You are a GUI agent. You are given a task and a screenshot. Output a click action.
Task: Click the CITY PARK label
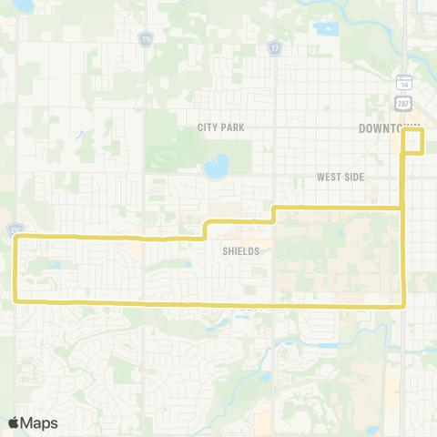tap(221, 127)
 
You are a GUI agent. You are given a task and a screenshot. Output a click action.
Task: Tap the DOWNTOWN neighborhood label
tap(389, 127)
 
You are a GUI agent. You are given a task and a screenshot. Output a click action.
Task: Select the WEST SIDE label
tap(339, 177)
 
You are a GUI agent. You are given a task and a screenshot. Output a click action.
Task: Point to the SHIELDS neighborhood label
tap(240, 250)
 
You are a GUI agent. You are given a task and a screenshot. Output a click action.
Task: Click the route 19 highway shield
tap(146, 39)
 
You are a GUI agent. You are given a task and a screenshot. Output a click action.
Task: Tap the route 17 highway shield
tap(274, 46)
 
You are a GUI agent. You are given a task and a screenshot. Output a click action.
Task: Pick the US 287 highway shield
tap(404, 103)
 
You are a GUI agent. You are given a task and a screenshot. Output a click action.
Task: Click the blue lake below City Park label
tap(217, 167)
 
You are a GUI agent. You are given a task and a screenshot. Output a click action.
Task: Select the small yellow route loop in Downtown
tap(414, 141)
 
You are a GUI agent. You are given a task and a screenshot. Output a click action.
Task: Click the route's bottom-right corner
tap(402, 306)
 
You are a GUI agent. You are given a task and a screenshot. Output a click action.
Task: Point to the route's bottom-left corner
tap(16, 300)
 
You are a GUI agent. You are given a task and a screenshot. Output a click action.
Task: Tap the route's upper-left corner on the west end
tap(17, 238)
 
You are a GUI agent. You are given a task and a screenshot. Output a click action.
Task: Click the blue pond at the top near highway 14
tap(324, 27)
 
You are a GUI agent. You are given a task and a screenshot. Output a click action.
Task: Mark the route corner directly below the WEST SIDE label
tap(402, 208)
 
